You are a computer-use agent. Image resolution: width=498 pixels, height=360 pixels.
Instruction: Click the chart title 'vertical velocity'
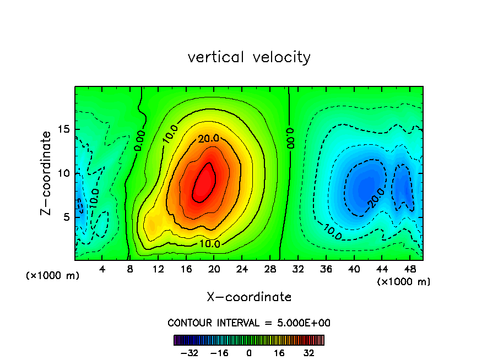[x=249, y=57]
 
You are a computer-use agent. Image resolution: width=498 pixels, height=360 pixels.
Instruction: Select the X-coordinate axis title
[x=249, y=297]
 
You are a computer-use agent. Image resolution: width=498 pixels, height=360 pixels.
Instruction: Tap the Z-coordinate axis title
[x=46, y=173]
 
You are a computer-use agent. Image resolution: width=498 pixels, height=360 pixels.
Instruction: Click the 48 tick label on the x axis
[x=410, y=269]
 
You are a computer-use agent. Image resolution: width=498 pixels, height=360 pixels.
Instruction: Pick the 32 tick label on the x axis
[x=298, y=269]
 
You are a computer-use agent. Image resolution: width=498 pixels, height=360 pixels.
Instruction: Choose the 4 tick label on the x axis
[x=102, y=269]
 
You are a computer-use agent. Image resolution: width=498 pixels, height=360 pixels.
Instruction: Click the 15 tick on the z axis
[x=62, y=130]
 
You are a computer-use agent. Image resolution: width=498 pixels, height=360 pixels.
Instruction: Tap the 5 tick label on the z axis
[x=66, y=217]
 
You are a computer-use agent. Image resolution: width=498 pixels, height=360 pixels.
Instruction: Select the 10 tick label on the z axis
[x=62, y=173]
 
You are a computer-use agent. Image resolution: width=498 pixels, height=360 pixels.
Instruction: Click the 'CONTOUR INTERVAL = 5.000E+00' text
[x=249, y=323]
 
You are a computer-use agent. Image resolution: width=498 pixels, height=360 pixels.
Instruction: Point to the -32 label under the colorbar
[x=189, y=353]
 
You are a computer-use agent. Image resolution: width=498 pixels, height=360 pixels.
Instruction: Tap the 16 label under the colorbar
[x=280, y=353]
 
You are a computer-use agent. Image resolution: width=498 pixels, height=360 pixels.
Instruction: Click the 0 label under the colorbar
[x=249, y=353]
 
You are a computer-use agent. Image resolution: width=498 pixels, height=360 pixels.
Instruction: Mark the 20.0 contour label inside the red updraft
[x=209, y=139]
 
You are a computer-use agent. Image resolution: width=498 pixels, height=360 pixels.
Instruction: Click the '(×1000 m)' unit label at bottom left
[x=52, y=276]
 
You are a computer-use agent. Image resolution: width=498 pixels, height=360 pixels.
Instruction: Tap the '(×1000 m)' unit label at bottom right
[x=404, y=282]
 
